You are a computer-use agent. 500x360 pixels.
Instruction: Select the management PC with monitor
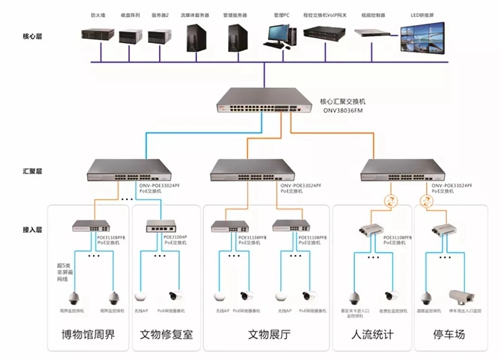point(278,37)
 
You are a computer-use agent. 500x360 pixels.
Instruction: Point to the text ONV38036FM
point(307,111)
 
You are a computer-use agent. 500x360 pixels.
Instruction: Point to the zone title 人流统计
point(368,335)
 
